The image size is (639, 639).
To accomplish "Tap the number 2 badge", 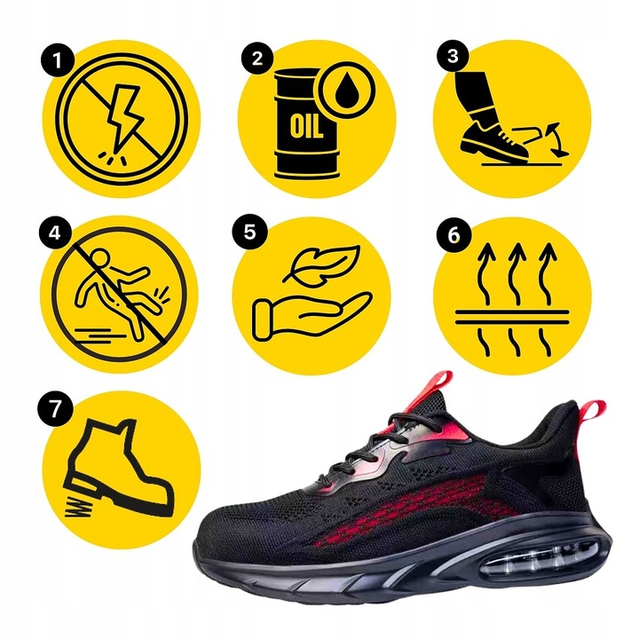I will pos(257,59).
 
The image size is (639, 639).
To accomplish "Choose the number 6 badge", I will pos(454,234).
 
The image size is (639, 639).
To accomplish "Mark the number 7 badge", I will pos(57,409).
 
